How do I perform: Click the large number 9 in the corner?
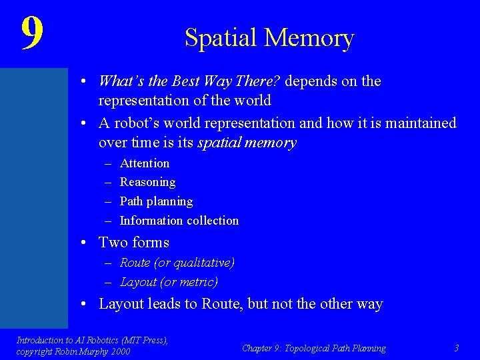click(32, 33)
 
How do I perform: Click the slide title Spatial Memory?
click(269, 38)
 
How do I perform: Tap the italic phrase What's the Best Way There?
click(191, 81)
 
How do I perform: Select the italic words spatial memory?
click(247, 143)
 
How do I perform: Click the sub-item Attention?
click(145, 163)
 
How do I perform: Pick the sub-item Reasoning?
click(147, 182)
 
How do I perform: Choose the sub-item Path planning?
click(156, 201)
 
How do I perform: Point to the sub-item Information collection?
click(179, 221)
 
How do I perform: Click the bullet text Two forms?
click(134, 243)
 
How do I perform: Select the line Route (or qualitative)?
click(177, 263)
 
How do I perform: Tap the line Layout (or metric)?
click(169, 282)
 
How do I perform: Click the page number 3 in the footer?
click(456, 348)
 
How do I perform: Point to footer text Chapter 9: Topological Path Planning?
click(313, 348)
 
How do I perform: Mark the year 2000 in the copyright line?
click(121, 351)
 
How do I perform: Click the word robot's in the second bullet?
click(133, 123)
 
